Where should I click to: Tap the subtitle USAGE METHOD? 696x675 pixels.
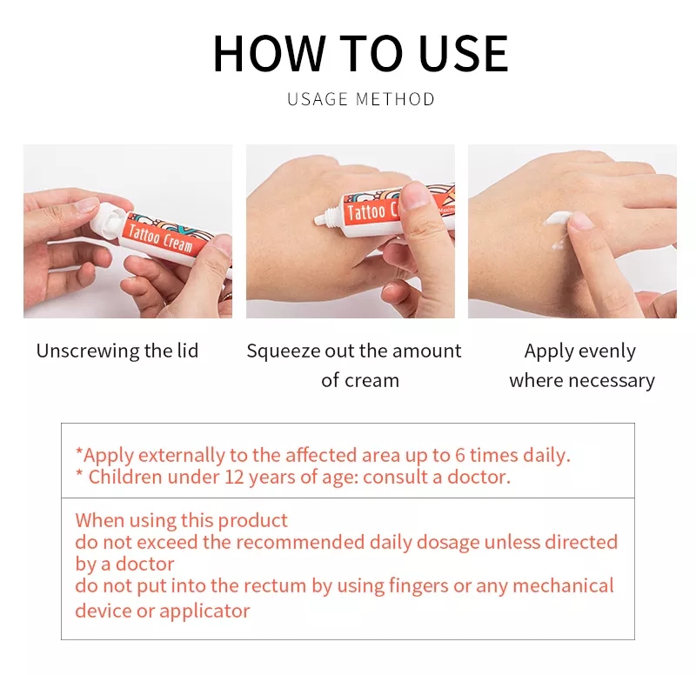pos(360,99)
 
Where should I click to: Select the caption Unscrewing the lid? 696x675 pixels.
pos(117,351)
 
